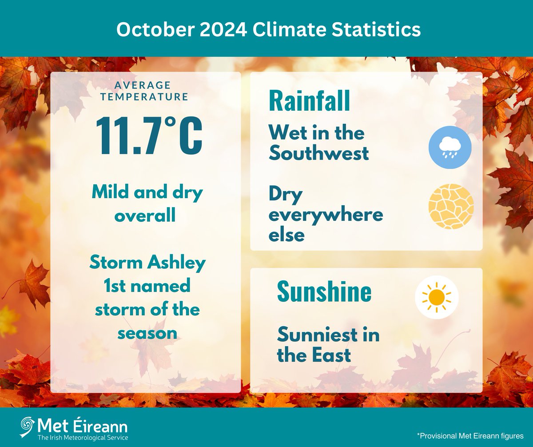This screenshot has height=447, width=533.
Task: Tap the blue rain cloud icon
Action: click(451, 148)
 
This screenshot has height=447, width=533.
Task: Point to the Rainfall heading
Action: click(309, 101)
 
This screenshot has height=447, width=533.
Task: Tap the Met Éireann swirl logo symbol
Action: click(27, 427)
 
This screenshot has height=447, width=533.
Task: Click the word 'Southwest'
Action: click(318, 154)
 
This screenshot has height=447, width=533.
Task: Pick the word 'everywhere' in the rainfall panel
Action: click(326, 215)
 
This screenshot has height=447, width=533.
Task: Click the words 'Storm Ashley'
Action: click(147, 263)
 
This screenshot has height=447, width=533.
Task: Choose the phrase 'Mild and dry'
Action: click(147, 194)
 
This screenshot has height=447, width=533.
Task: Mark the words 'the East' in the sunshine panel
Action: click(314, 355)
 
